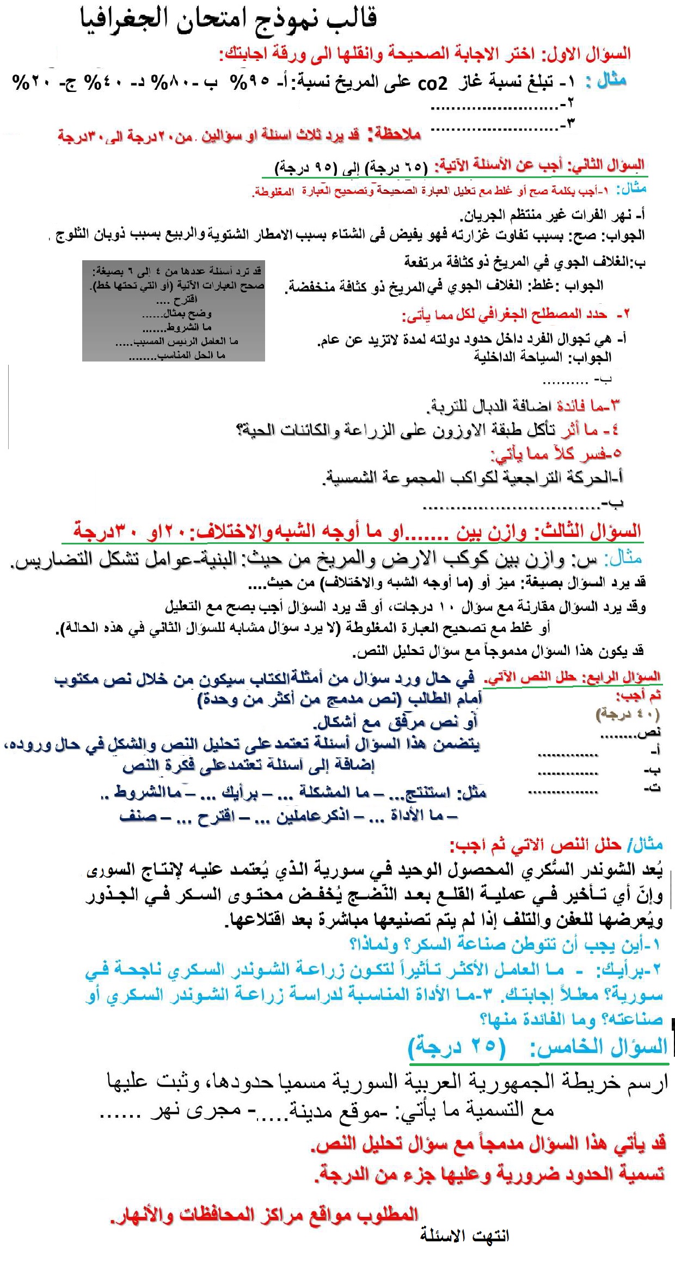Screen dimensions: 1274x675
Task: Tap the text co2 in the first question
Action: point(432,83)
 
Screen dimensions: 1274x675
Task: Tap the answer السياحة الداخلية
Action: point(518,358)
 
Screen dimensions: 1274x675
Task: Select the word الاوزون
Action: point(458,430)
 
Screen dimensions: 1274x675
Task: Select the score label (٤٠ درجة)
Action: point(628,713)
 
